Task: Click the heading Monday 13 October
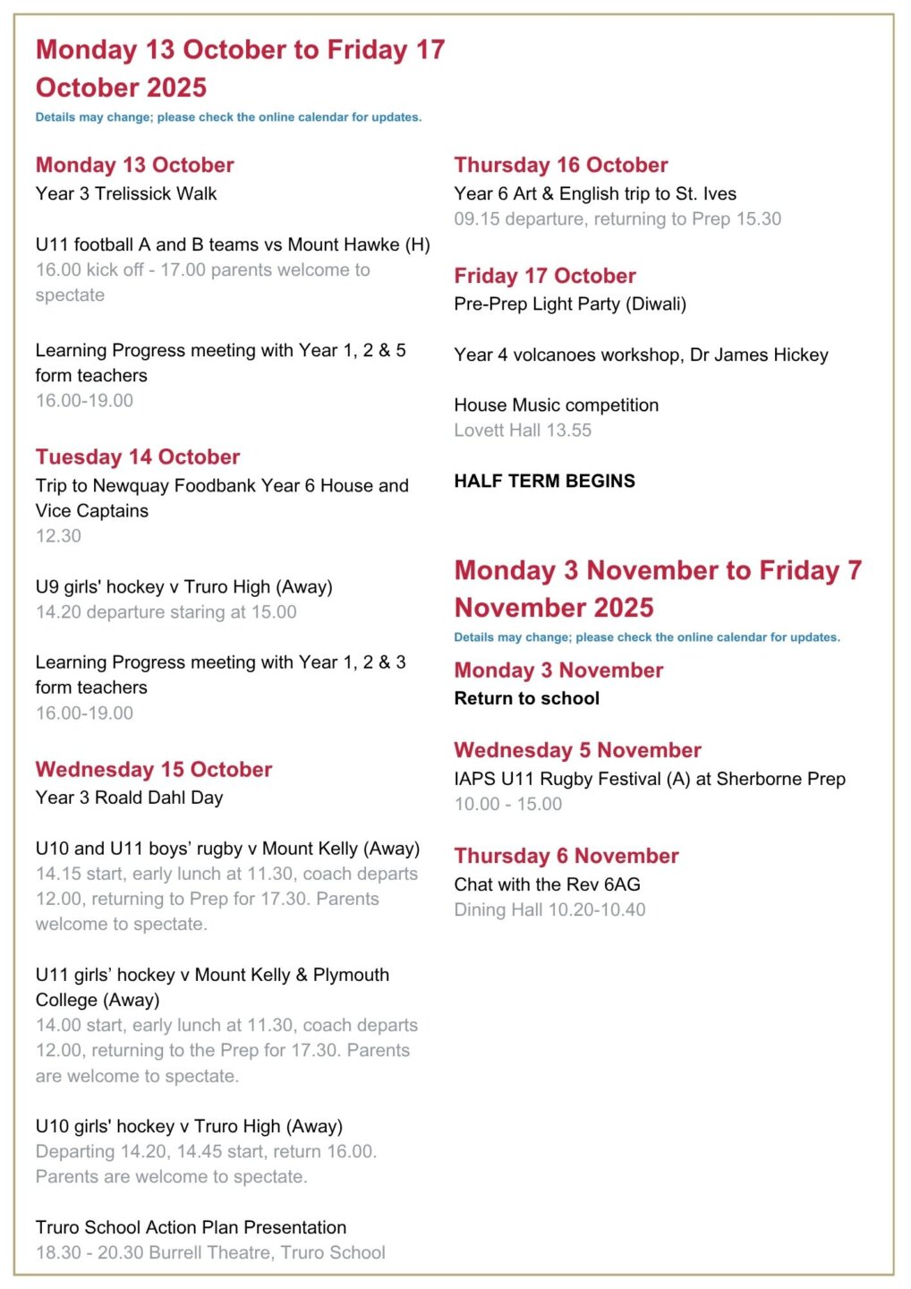click(134, 166)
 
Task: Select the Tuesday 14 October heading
click(138, 457)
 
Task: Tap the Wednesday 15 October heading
click(154, 770)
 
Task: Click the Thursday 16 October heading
click(561, 166)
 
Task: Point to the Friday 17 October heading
click(545, 277)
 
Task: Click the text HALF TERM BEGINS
click(544, 482)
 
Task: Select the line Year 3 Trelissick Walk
click(126, 194)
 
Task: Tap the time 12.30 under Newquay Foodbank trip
click(58, 536)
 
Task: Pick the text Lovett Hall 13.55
click(523, 431)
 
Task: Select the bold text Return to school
click(526, 699)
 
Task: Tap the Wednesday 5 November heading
click(577, 751)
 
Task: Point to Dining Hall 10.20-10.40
click(549, 910)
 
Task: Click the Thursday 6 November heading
click(566, 857)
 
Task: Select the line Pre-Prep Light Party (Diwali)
click(570, 304)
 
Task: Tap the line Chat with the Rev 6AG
click(547, 885)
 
